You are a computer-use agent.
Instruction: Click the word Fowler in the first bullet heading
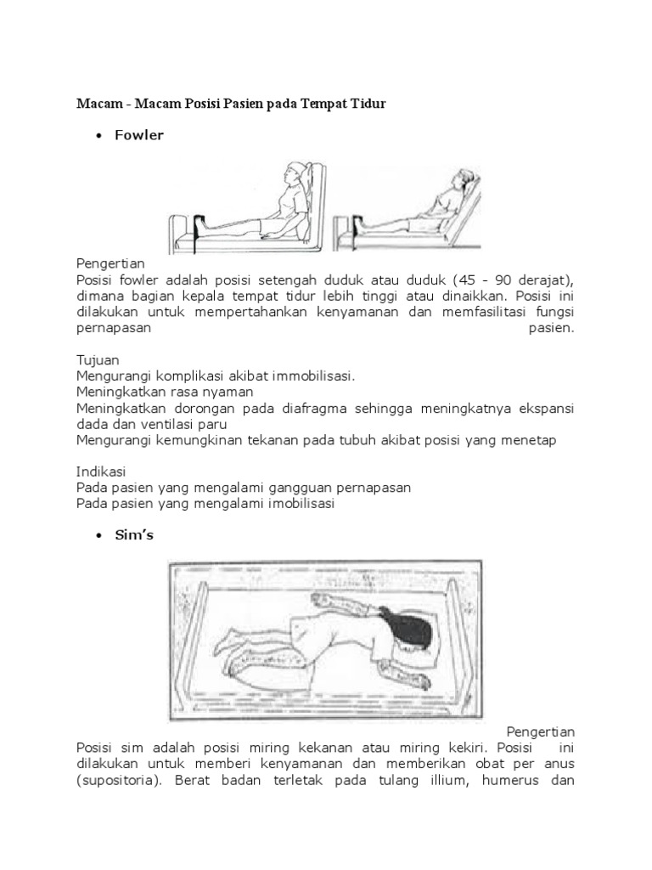[x=139, y=135]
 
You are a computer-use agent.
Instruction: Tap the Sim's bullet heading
[x=134, y=535]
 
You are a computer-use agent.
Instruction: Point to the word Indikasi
[x=101, y=471]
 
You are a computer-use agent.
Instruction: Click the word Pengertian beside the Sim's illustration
[x=541, y=732]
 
